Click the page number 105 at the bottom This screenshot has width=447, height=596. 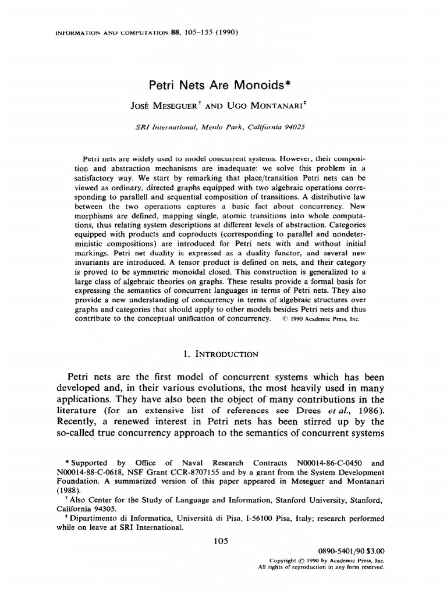pyautogui.click(x=223, y=541)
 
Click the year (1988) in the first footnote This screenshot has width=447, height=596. pyautogui.click(x=74, y=490)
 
